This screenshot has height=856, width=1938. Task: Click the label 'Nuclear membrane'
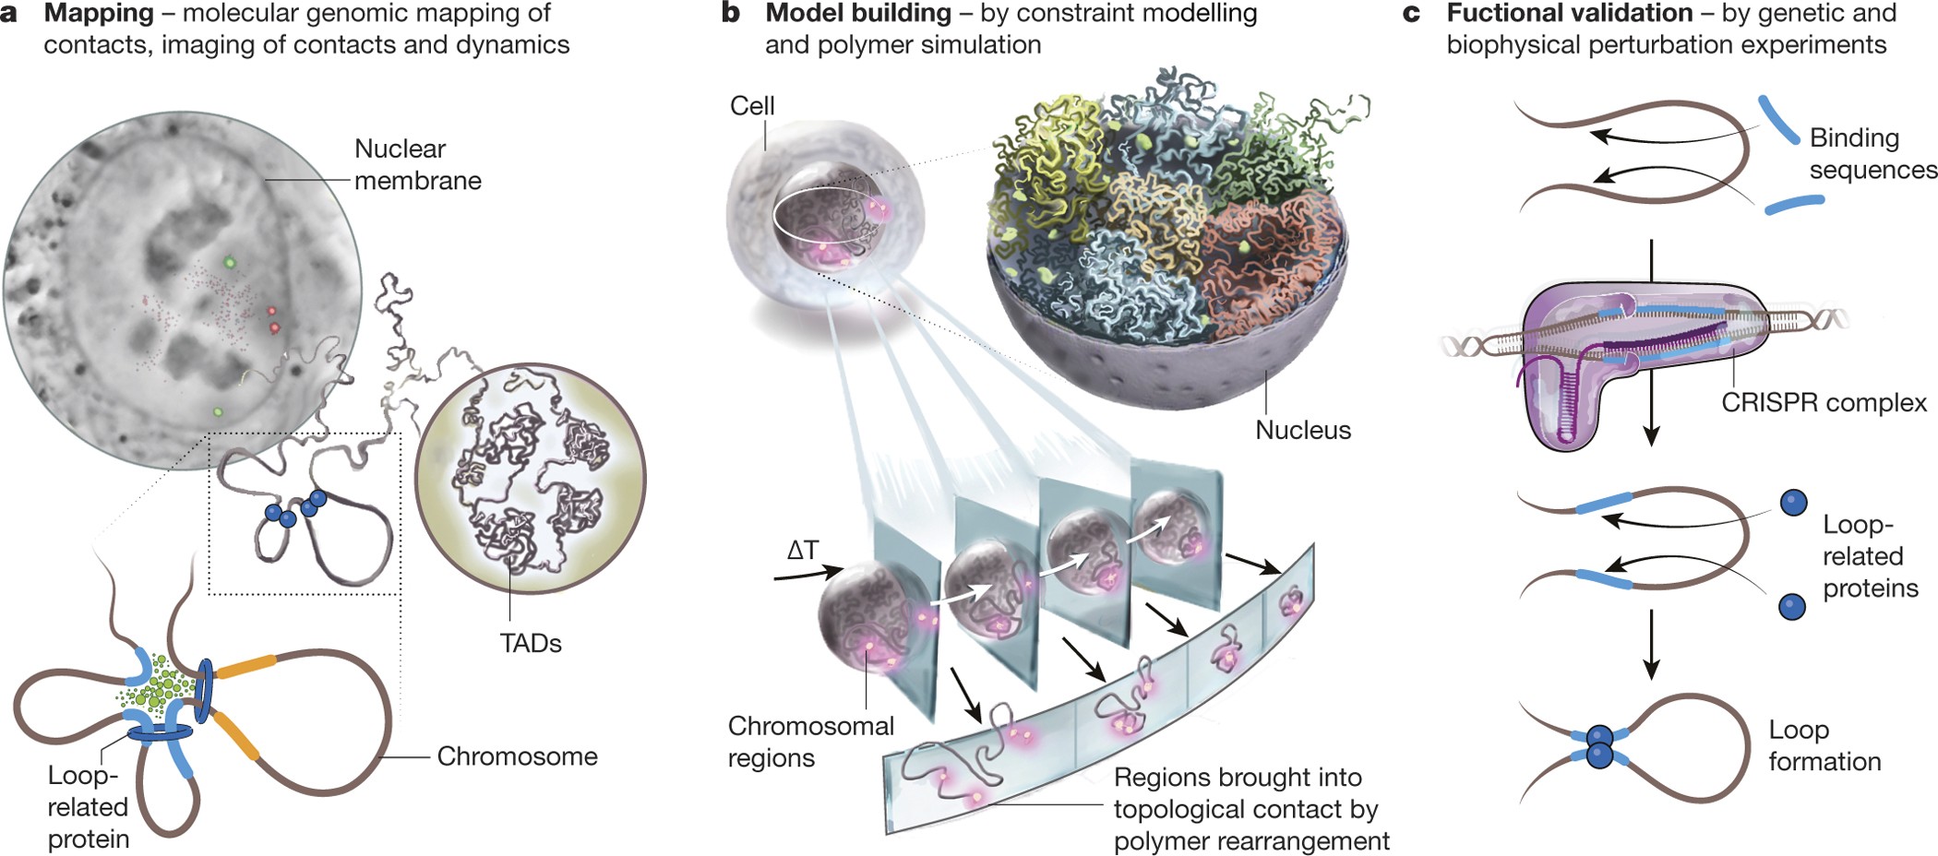coord(417,164)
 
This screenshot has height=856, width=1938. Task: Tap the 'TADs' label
coord(530,643)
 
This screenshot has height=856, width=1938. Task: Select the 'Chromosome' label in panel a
coord(517,756)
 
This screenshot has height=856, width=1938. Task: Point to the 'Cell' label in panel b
coord(752,106)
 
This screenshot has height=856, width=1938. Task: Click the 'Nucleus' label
coord(1302,430)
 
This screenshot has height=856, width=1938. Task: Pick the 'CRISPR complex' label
coord(1824,403)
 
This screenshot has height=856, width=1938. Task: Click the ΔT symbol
coord(802,551)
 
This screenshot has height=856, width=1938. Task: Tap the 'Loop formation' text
coord(1824,745)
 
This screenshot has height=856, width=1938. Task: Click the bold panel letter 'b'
coord(731,14)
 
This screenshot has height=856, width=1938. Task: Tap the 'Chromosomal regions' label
coord(810,742)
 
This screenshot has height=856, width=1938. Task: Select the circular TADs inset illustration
coord(530,480)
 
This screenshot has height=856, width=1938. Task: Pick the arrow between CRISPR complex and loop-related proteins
coord(1652,424)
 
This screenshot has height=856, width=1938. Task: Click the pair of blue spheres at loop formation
coord(1598,746)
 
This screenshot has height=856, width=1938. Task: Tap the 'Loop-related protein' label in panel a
coord(88,807)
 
